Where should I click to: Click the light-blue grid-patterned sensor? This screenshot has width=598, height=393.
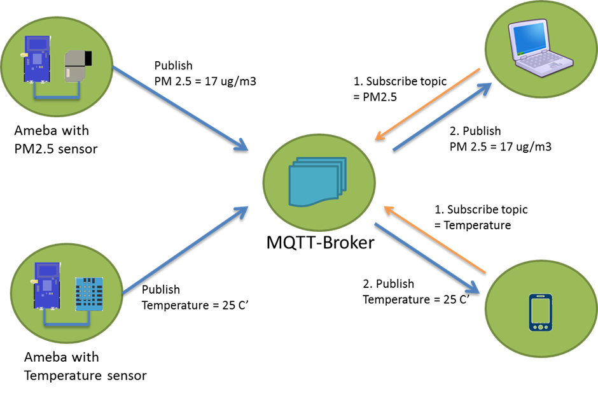(x=88, y=294)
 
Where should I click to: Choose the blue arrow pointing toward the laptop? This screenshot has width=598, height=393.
(x=442, y=117)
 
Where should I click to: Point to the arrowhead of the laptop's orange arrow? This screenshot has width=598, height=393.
(x=379, y=136)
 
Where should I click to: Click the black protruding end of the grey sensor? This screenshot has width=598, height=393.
(x=87, y=59)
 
